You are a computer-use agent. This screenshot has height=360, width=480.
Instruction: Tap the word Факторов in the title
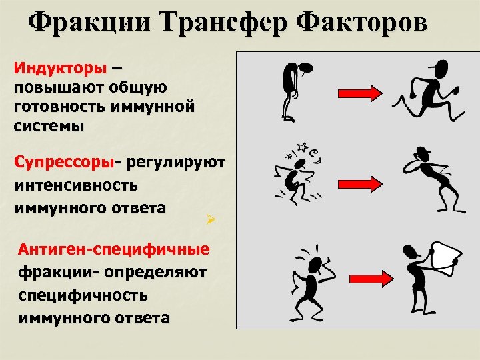[x=364, y=23]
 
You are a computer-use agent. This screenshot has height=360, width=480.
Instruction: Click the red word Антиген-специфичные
[x=114, y=249]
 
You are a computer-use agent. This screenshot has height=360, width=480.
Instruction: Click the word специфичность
[x=83, y=295]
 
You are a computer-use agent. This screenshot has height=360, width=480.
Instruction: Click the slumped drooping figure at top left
[x=293, y=91]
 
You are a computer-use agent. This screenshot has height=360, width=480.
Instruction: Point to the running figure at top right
[x=427, y=90]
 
